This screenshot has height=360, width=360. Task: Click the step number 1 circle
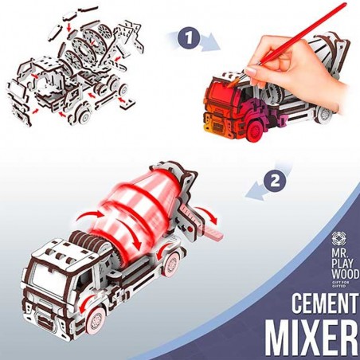pos(189,37)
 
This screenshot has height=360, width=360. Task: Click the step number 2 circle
pos(275,182)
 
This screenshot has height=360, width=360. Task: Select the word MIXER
pos(312,337)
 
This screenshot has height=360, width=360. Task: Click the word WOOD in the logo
pos(346,274)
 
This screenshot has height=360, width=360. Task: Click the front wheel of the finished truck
pos(96,320)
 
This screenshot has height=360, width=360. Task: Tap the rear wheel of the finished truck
pos(172,264)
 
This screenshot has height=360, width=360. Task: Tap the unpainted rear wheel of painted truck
pos(324,114)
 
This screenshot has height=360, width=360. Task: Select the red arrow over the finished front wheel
pos(85,302)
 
